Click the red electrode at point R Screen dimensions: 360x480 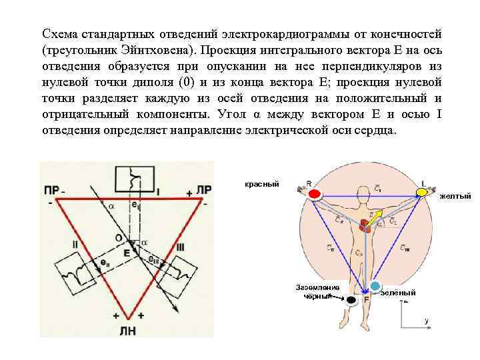point(314,194)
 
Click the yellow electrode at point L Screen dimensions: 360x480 point(421,193)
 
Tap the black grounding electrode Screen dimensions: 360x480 point(351,301)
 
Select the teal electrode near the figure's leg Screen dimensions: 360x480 point(375,287)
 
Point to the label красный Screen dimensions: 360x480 point(261,184)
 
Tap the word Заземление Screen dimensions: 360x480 point(317,287)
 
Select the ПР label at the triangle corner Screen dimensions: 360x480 point(51,190)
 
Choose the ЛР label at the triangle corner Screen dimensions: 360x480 point(205,190)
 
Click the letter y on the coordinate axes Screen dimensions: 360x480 point(426,321)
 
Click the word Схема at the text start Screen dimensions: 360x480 point(60,34)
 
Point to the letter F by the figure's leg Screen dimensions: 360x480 point(366,301)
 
